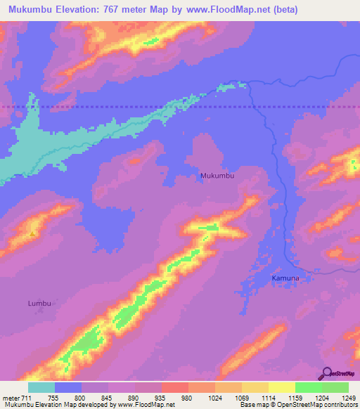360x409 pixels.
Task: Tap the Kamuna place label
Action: coord(285,278)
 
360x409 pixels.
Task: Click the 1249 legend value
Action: coord(347,398)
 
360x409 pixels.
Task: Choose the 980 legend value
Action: coord(188,398)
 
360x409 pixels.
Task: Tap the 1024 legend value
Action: coord(214,398)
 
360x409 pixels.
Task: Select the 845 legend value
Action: coord(108,398)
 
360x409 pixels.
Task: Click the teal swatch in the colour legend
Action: coord(41,387)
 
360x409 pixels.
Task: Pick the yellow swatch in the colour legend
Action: coord(281,387)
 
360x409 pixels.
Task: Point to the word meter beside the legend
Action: coord(11,398)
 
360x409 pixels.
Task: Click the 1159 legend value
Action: coord(295,398)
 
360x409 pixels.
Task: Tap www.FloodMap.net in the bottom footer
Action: coord(147,405)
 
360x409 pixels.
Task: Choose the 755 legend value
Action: coord(54,398)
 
